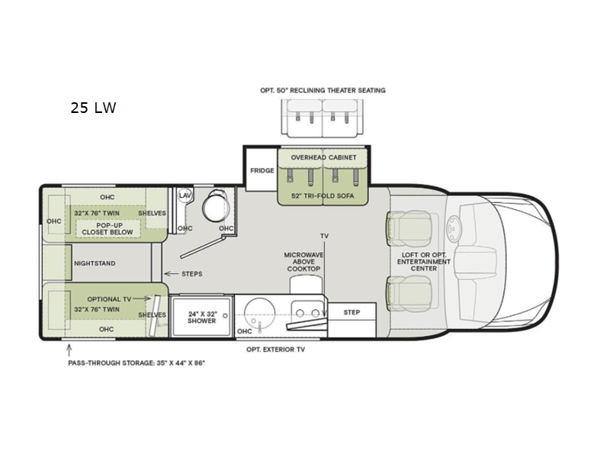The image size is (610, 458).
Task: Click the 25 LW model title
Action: click(93, 108)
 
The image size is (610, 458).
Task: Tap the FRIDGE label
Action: click(262, 170)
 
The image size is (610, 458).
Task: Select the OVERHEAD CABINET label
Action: click(323, 157)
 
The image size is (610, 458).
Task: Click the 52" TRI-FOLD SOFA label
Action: click(323, 196)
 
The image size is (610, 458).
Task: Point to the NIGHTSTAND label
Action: click(95, 263)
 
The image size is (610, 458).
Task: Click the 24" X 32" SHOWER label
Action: click(202, 318)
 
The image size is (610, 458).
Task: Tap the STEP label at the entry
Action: click(352, 312)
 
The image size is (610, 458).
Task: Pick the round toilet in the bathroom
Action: click(216, 205)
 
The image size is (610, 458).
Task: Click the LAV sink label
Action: click(185, 195)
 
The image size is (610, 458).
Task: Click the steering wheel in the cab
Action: click(454, 224)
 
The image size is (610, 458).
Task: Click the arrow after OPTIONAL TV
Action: click(143, 298)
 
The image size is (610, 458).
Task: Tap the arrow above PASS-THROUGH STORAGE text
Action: click(69, 350)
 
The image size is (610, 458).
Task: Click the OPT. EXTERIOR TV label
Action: click(275, 350)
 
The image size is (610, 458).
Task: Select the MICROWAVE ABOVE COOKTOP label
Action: click(303, 262)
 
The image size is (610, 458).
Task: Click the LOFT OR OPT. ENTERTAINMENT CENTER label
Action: click(424, 262)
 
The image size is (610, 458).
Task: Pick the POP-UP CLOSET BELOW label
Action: click(108, 228)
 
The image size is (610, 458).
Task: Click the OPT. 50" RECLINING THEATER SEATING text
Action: click(323, 90)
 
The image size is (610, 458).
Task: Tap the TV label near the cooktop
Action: click(325, 236)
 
